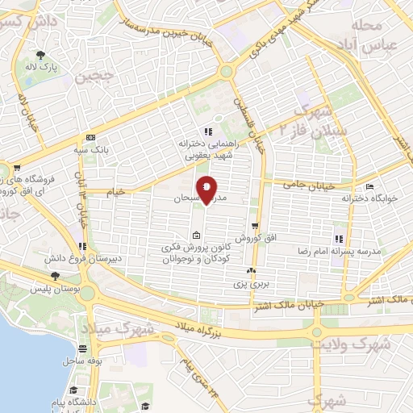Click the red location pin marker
pyautogui.click(x=206, y=189)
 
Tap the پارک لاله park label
pyautogui.click(x=38, y=69)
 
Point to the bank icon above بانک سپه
pyautogui.click(x=90, y=138)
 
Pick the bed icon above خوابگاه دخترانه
pyautogui.click(x=370, y=186)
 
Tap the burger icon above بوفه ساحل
pyautogui.click(x=84, y=349)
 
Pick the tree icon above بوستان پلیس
pyautogui.click(x=54, y=276)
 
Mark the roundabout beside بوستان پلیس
pyautogui.click(x=88, y=292)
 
